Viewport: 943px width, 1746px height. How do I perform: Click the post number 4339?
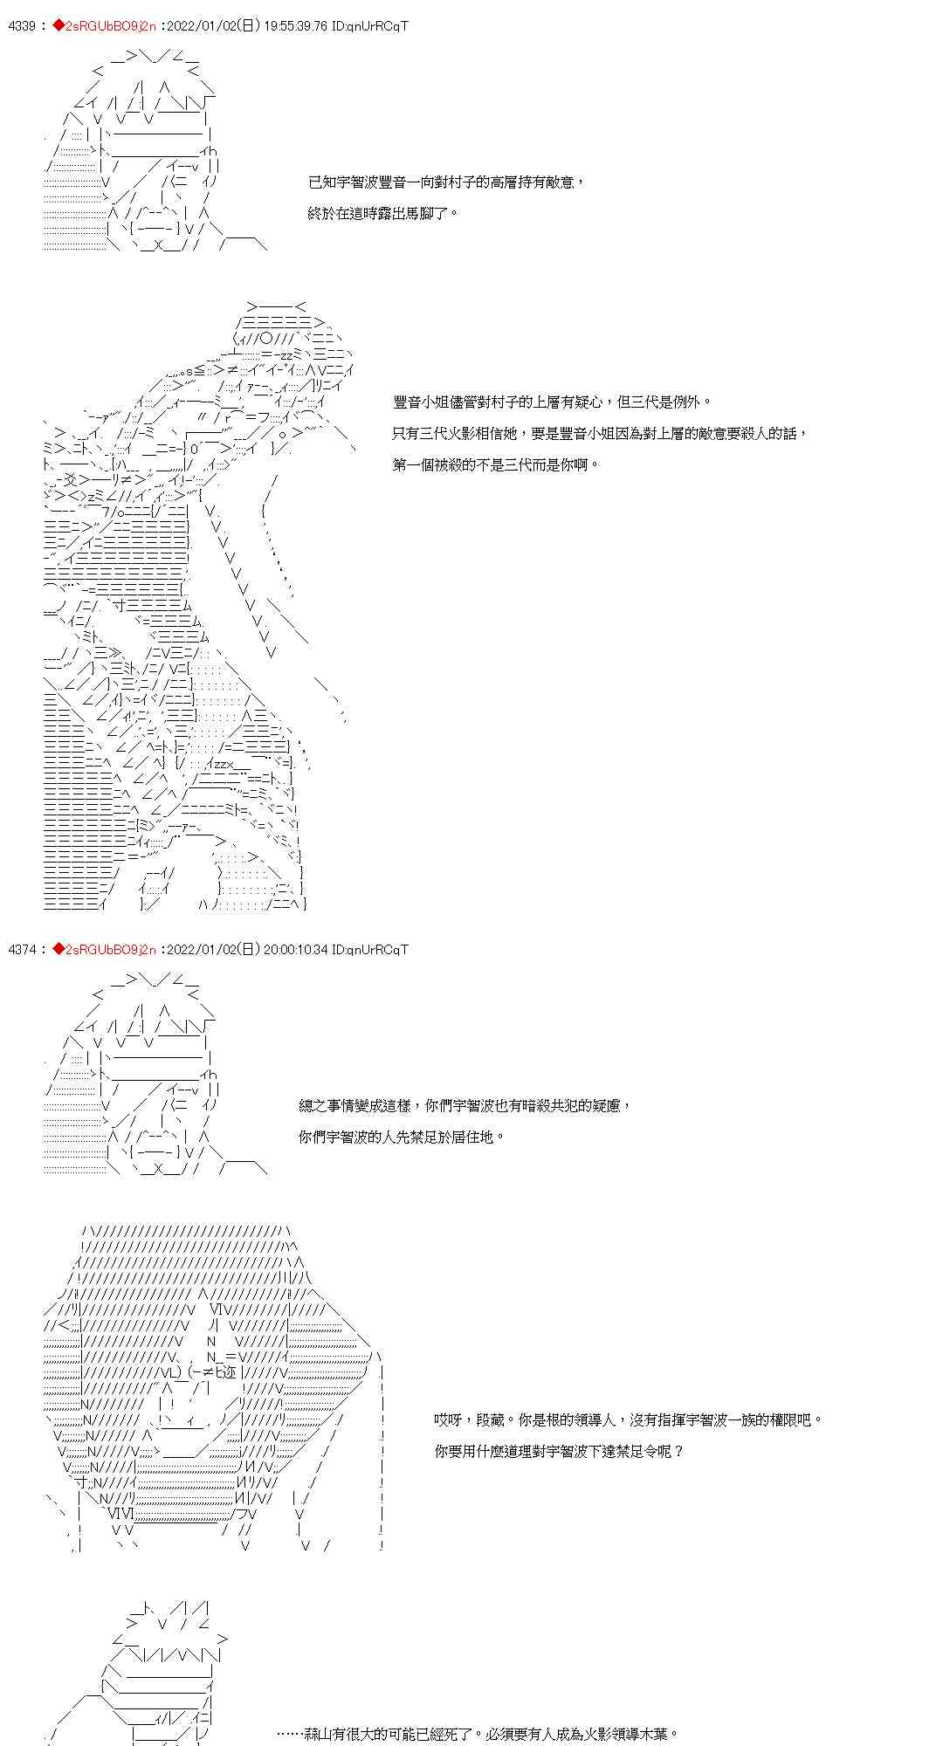click(x=21, y=26)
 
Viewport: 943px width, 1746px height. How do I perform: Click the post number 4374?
click(x=21, y=949)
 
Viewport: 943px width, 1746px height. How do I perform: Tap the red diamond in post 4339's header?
click(x=59, y=26)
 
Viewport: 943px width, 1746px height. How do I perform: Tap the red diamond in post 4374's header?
click(x=59, y=949)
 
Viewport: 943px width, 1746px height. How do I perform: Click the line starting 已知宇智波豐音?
click(x=445, y=182)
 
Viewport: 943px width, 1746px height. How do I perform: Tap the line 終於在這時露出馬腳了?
click(x=382, y=213)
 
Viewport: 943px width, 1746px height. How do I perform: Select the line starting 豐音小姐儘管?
click(x=552, y=402)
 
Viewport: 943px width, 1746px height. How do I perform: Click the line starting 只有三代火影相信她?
click(x=600, y=433)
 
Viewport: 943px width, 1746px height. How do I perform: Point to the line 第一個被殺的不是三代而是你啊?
click(x=496, y=464)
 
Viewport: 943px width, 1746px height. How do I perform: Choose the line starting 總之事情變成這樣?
click(x=464, y=1105)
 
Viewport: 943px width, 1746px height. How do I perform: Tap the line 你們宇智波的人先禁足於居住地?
click(x=402, y=1137)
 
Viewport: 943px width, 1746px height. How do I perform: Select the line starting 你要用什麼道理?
click(x=559, y=1451)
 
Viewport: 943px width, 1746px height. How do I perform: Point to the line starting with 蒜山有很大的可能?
click(x=477, y=1734)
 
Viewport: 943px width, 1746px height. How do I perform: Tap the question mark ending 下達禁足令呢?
click(x=679, y=1451)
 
